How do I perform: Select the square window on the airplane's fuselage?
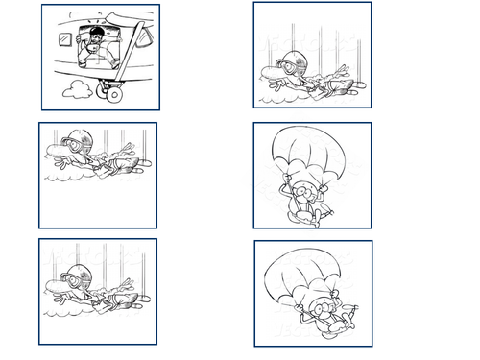pyautogui.click(x=64, y=39)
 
